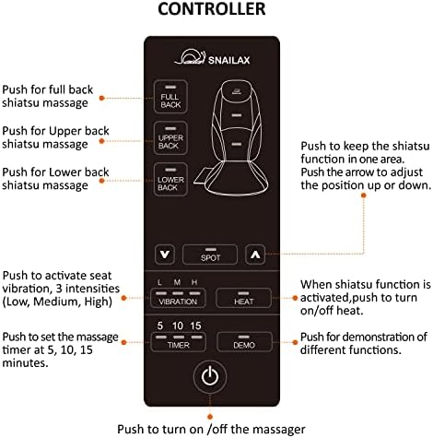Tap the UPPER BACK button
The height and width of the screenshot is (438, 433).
pyautogui.click(x=170, y=138)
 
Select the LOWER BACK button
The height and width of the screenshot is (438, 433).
pyautogui.click(x=170, y=180)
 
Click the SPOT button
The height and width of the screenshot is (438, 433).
pyautogui.click(x=210, y=255)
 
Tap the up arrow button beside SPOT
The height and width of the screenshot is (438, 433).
pyautogui.click(x=255, y=255)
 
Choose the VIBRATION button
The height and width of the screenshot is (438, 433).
pyautogui.click(x=178, y=298)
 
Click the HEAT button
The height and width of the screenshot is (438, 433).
pyautogui.click(x=244, y=298)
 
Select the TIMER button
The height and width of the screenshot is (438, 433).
pyautogui.click(x=178, y=341)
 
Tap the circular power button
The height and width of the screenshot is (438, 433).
pyautogui.click(x=210, y=376)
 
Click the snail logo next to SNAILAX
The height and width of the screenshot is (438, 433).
pyautogui.click(x=190, y=57)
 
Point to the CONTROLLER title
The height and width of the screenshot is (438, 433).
pyautogui.click(x=212, y=9)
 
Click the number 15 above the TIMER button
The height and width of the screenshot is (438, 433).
pyautogui.click(x=195, y=326)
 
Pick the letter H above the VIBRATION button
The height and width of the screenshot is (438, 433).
pyautogui.click(x=194, y=282)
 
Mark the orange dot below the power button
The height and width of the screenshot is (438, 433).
pyautogui.click(x=210, y=417)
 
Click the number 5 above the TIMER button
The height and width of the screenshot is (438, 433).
pyautogui.click(x=159, y=326)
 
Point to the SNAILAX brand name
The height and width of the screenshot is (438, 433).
pyautogui.click(x=229, y=60)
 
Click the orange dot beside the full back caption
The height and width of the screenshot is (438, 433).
pyautogui.click(x=102, y=98)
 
